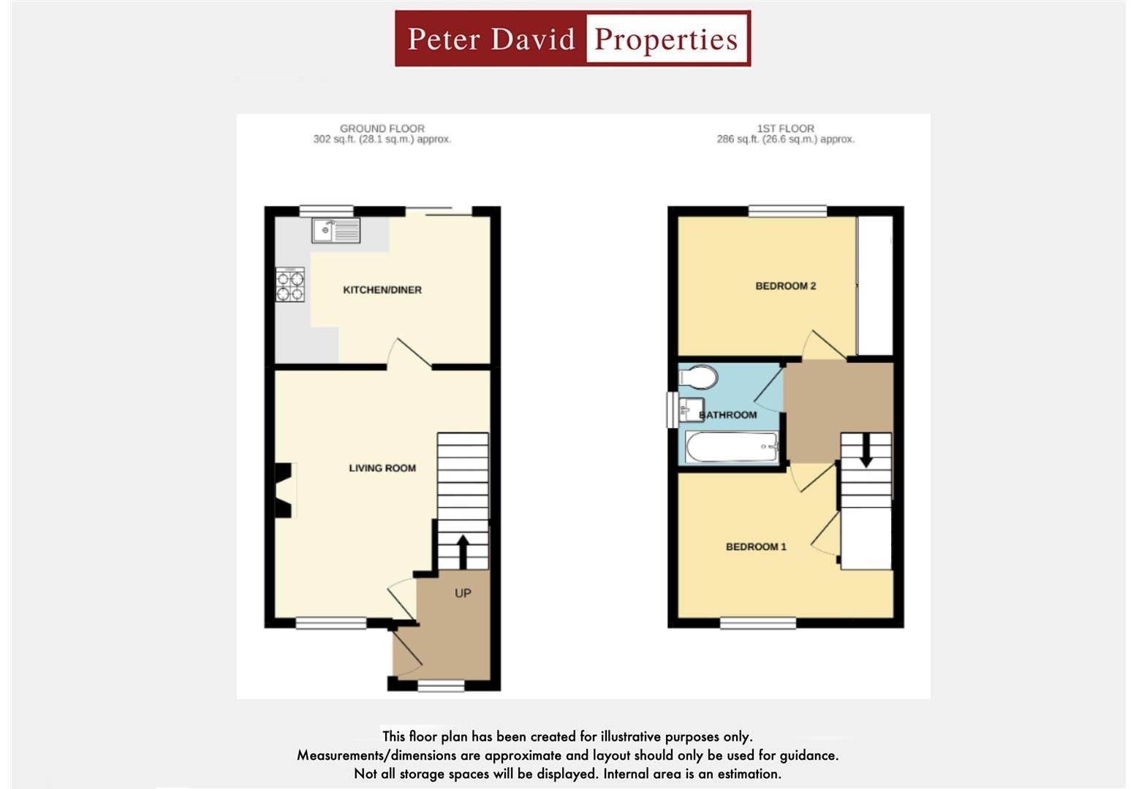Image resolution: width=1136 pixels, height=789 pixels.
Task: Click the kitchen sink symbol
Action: point(336,230)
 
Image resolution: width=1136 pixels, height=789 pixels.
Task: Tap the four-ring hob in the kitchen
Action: point(289,285)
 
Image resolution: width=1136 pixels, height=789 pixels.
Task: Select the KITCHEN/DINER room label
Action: point(382,290)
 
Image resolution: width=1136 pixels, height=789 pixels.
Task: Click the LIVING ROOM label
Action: point(382,468)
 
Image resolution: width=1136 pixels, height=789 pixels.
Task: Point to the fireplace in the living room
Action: point(284,490)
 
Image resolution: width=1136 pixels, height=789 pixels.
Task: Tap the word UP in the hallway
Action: point(463,593)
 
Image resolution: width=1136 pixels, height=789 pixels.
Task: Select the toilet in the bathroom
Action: point(698,378)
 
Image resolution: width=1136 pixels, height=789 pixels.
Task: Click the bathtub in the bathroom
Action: point(732,447)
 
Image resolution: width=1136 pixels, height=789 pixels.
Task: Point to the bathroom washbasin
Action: point(691,408)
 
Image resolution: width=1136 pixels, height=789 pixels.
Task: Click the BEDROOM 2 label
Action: point(785,286)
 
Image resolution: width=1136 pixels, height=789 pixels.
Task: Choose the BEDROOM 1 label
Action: point(756,546)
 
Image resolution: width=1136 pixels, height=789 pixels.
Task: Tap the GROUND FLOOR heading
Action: point(382,128)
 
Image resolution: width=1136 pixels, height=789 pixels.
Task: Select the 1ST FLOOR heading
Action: point(785,128)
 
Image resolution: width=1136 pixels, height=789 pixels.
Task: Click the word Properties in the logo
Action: point(666,39)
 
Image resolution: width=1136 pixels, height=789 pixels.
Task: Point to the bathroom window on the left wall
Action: point(671,410)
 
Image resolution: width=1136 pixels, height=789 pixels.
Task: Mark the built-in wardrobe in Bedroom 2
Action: point(874,285)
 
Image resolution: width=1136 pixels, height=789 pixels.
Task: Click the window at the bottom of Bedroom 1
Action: point(758,623)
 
